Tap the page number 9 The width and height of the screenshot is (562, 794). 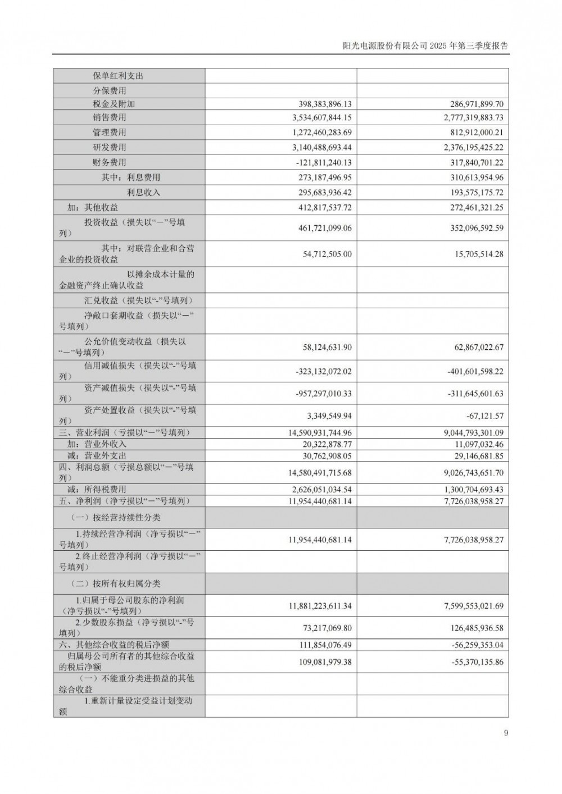506,733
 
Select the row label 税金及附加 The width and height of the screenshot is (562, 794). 114,104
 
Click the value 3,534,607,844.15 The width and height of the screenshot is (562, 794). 314,117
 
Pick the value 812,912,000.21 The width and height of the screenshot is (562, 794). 468,133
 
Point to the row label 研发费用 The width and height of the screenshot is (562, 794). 110,147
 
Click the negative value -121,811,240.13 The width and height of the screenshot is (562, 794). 316,162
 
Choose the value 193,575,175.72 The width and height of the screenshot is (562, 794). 468,192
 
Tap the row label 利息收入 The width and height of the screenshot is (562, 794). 143,192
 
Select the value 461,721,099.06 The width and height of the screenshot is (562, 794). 318,228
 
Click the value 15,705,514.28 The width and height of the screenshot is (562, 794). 470,254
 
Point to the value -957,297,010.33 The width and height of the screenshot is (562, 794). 316,394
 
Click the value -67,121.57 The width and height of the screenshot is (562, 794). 481,416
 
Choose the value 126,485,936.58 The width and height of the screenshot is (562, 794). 468,628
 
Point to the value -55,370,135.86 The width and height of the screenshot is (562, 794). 469,662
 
